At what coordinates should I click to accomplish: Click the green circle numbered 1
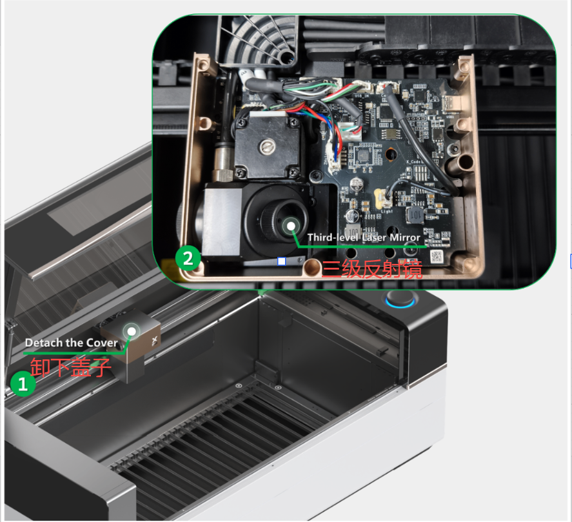23,384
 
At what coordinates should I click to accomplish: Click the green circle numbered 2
188,259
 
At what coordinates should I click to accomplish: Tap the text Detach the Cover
72,343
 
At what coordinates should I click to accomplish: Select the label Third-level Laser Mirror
364,237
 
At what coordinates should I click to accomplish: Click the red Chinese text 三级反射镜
371,270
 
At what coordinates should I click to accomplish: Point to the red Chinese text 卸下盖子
70,367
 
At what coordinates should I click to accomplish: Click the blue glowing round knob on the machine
400,299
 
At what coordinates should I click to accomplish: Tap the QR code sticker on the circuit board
437,256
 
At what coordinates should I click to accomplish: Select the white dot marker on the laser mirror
291,226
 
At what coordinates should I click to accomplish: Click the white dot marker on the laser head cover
132,332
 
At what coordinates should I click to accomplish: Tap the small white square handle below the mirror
282,261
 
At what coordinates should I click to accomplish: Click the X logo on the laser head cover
155,341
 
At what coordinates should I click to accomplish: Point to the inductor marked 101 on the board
415,215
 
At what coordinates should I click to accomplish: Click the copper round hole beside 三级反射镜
311,268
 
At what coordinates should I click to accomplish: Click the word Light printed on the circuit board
386,211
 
